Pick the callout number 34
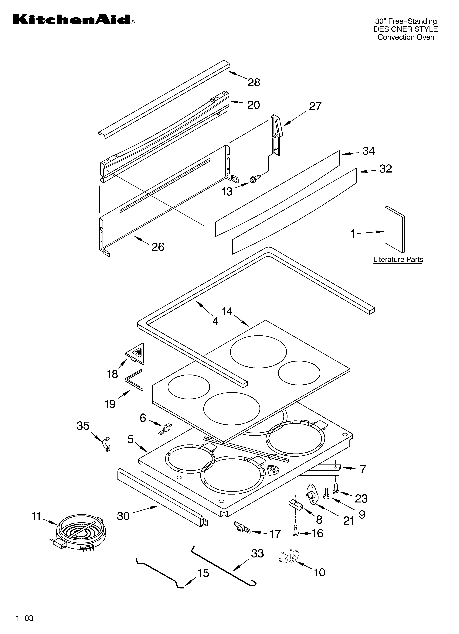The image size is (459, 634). pos(368,151)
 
